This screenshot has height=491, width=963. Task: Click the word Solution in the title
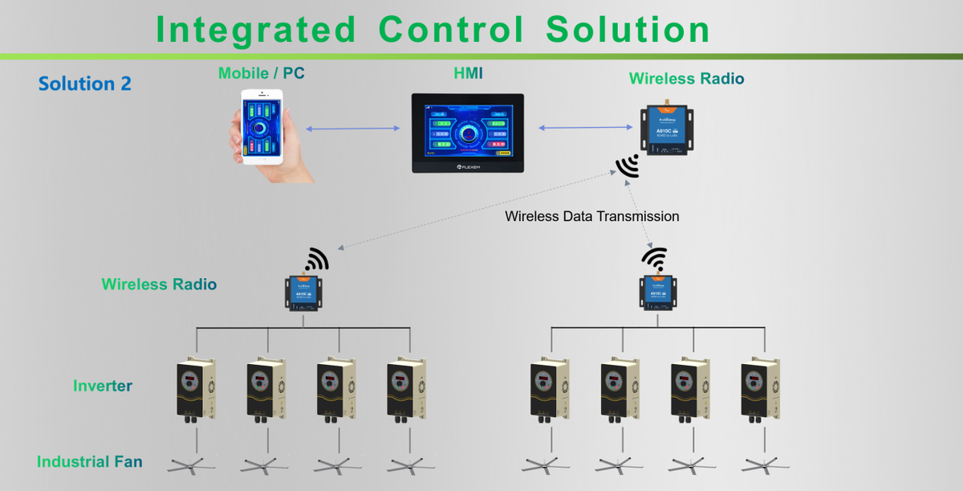point(628,29)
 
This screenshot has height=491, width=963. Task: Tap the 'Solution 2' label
point(84,84)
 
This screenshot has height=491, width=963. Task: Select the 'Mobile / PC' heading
point(261,73)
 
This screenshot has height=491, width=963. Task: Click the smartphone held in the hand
point(262,126)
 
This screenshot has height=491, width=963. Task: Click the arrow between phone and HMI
point(353,129)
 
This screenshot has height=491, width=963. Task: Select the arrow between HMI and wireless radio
point(584,127)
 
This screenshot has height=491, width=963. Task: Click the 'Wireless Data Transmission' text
point(591,216)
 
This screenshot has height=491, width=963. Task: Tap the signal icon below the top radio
point(628,166)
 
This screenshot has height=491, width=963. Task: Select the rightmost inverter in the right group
point(760,389)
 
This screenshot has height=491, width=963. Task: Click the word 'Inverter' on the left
point(103,386)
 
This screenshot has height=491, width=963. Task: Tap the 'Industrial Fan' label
point(89,461)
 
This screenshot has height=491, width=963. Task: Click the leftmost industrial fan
point(192,464)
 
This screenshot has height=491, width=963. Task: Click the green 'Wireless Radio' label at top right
point(686,79)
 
